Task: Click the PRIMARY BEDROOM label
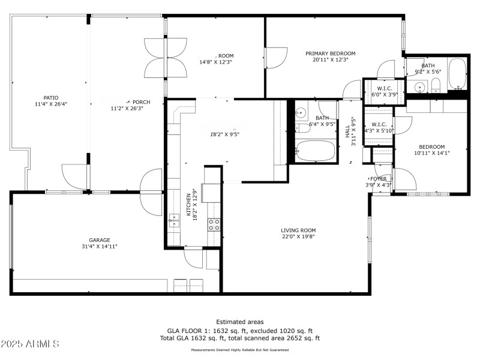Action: click(x=330, y=53)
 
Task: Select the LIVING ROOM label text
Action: click(x=298, y=230)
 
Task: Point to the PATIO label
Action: click(x=50, y=97)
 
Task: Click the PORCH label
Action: click(x=140, y=102)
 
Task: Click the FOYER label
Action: click(x=378, y=179)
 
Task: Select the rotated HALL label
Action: click(x=347, y=131)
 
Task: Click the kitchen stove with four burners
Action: click(x=214, y=224)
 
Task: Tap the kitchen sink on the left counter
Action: click(x=174, y=222)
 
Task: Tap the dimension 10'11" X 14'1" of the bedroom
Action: click(x=431, y=153)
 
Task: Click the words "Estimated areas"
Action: click(x=239, y=322)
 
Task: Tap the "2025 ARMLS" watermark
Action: click(x=30, y=344)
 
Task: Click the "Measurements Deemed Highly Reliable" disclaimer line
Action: click(x=239, y=350)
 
